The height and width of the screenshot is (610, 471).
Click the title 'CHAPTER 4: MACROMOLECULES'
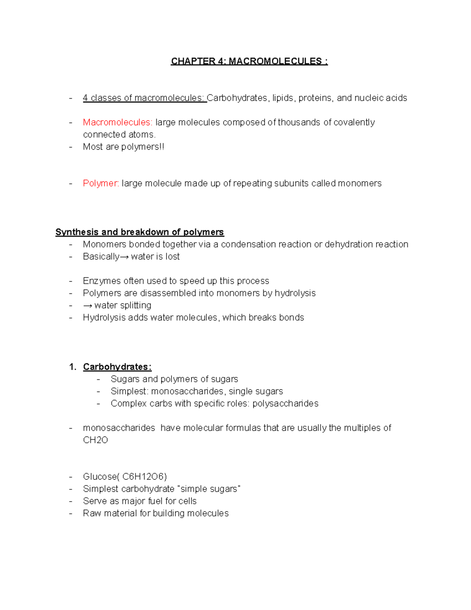(x=249, y=61)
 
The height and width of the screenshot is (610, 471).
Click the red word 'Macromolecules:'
(x=117, y=123)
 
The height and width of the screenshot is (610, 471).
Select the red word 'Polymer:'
(x=101, y=183)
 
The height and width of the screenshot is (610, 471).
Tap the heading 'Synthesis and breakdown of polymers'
(x=139, y=232)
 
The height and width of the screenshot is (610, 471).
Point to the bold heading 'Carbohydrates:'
(x=117, y=367)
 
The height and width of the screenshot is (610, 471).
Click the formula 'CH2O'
(x=95, y=440)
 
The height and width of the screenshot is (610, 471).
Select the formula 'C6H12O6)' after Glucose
(x=144, y=477)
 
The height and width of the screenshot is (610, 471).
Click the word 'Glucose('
(x=101, y=477)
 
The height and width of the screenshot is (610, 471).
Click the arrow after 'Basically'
(x=124, y=257)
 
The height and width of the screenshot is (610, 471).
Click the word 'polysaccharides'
(x=285, y=403)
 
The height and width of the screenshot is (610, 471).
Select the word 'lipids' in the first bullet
(x=283, y=98)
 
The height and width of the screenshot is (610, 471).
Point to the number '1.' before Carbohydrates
(x=73, y=367)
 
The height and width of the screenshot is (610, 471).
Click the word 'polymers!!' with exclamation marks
(x=143, y=147)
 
